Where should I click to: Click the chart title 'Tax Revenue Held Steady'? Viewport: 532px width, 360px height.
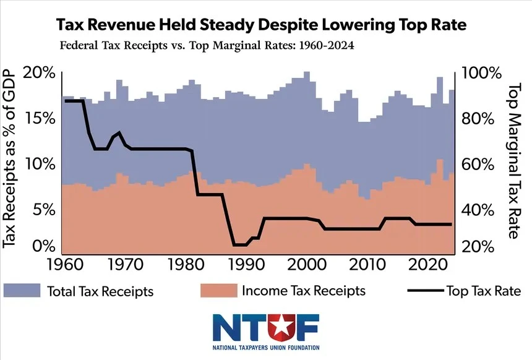click(260, 25)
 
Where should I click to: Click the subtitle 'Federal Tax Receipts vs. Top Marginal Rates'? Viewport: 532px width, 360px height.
click(207, 47)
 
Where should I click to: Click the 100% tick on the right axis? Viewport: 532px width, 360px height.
click(480, 73)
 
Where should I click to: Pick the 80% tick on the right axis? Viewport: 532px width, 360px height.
click(477, 118)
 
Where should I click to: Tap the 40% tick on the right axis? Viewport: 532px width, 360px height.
click(477, 209)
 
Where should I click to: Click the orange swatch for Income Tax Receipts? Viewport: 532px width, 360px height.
click(218, 290)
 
